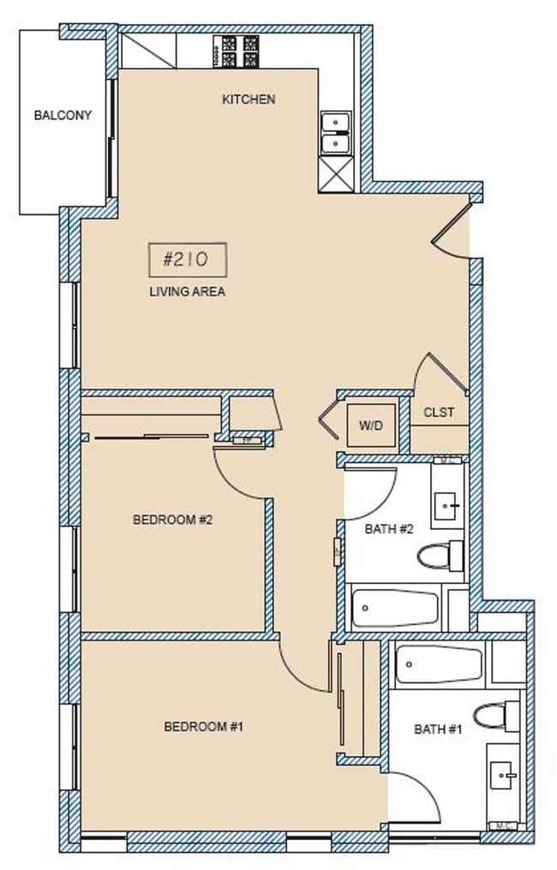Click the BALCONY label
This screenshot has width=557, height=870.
63,115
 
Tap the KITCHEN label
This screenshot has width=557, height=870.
249,99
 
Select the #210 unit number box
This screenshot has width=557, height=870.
187,259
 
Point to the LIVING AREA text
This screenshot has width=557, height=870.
187,292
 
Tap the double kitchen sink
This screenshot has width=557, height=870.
335,133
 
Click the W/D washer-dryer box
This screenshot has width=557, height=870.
371,424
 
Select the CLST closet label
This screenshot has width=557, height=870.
439,413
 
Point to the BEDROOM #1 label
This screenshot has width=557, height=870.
204,727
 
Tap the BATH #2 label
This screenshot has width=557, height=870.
389,529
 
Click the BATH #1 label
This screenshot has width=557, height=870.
438,730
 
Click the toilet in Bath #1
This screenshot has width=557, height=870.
496,713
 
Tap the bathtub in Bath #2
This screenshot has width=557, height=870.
395,609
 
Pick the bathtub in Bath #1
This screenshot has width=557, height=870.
439,664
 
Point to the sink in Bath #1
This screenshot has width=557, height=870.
502,778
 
